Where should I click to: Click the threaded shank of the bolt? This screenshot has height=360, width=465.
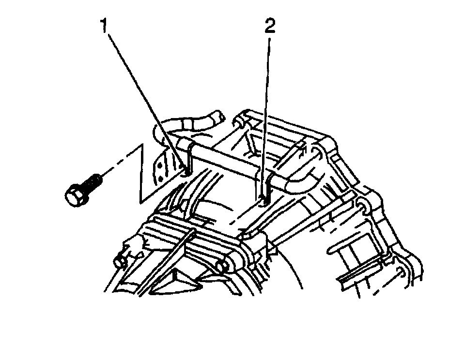tap(94, 183)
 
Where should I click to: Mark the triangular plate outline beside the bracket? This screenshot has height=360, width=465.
tap(141, 174)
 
